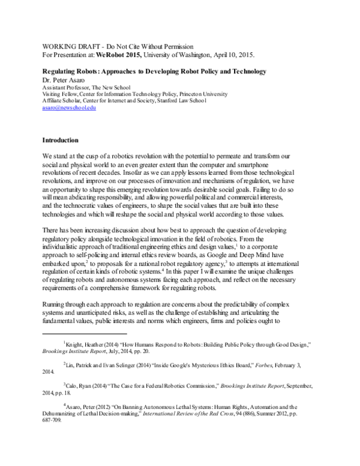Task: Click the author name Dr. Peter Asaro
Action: point(64,79)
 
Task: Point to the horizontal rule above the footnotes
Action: point(84,332)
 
